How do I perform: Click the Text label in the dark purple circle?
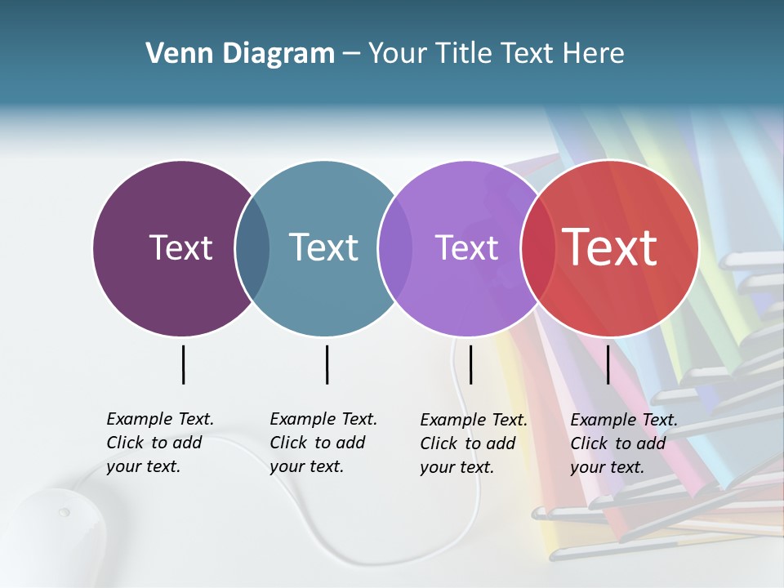pos(180,247)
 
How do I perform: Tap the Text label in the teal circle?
pos(323,247)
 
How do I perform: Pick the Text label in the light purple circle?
pos(466,247)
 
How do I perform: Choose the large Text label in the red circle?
pos(610,247)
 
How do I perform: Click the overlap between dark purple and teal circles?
pos(252,248)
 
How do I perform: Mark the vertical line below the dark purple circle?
pos(183,364)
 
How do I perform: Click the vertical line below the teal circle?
pos(327,364)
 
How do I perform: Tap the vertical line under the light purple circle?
pos(470,364)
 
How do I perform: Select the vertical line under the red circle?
pos(608,364)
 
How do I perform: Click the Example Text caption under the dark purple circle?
pos(160,443)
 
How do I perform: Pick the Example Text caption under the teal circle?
pos(323,443)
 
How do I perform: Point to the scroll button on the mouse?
pos(64,513)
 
